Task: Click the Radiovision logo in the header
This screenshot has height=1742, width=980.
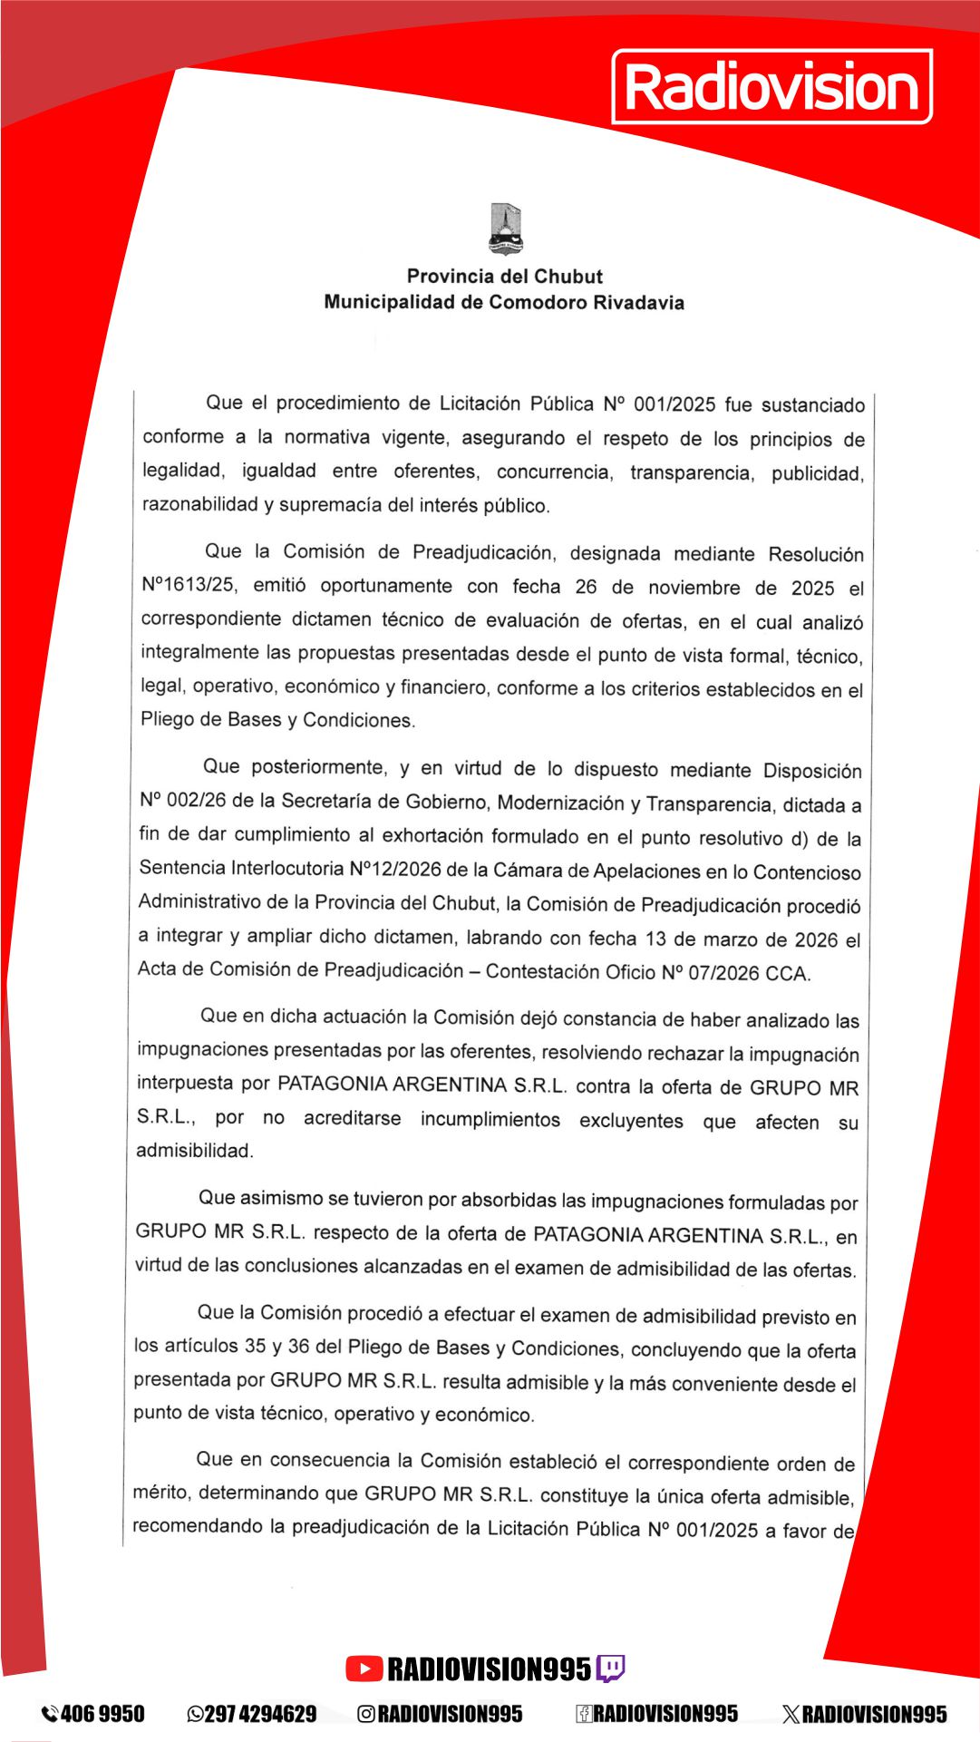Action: point(772,87)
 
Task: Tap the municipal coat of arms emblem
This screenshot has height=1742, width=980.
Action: point(505,229)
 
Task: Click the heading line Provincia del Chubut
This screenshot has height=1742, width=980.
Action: point(504,276)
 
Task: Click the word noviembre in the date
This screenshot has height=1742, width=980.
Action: point(694,588)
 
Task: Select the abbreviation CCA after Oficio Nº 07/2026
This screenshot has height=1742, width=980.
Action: point(787,973)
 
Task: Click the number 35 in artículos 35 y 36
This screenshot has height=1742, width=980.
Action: point(255,1346)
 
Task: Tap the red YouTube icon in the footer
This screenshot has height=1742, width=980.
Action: point(364,1668)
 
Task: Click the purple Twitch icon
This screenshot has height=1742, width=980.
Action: point(609,1668)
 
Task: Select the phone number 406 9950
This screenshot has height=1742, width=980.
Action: point(102,1714)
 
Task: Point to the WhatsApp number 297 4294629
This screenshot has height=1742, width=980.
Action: point(261,1714)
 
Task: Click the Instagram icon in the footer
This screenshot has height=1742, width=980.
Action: point(366,1714)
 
